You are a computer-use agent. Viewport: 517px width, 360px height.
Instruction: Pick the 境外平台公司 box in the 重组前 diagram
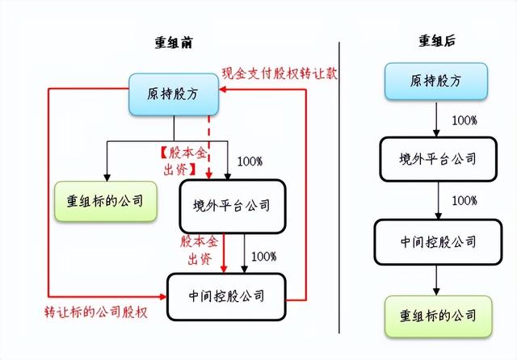(233, 206)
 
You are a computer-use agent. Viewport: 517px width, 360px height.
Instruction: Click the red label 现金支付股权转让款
(280, 73)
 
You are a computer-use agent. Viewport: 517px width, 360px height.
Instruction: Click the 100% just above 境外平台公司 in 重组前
(250, 161)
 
